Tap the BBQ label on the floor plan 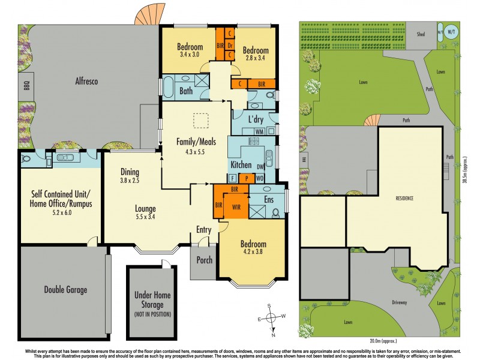26,86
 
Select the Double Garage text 65,290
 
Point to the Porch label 205,260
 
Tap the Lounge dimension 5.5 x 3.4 146,217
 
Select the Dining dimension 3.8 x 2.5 130,180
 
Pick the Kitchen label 242,164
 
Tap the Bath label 186,91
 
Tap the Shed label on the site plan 421,34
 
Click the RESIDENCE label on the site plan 406,197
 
